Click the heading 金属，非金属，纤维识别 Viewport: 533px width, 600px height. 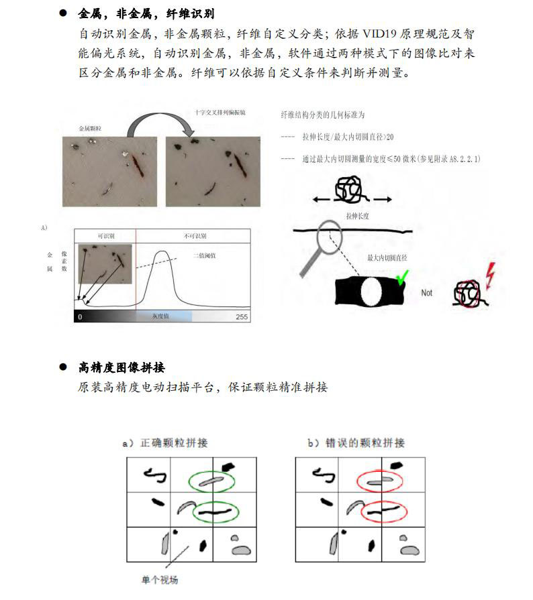pos(146,13)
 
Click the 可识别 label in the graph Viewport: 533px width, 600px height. pos(105,237)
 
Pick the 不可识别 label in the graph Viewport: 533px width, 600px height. pos(194,237)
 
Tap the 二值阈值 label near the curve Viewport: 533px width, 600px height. pos(205,255)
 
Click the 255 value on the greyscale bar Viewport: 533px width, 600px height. pos(242,316)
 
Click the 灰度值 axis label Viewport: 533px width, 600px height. pos(164,316)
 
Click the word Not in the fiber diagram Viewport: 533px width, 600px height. pos(427,293)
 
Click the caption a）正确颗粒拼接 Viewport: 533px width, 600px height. pos(165,443)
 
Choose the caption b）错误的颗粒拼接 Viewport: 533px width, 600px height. pos(356,443)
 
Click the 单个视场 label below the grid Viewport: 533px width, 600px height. pos(160,580)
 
